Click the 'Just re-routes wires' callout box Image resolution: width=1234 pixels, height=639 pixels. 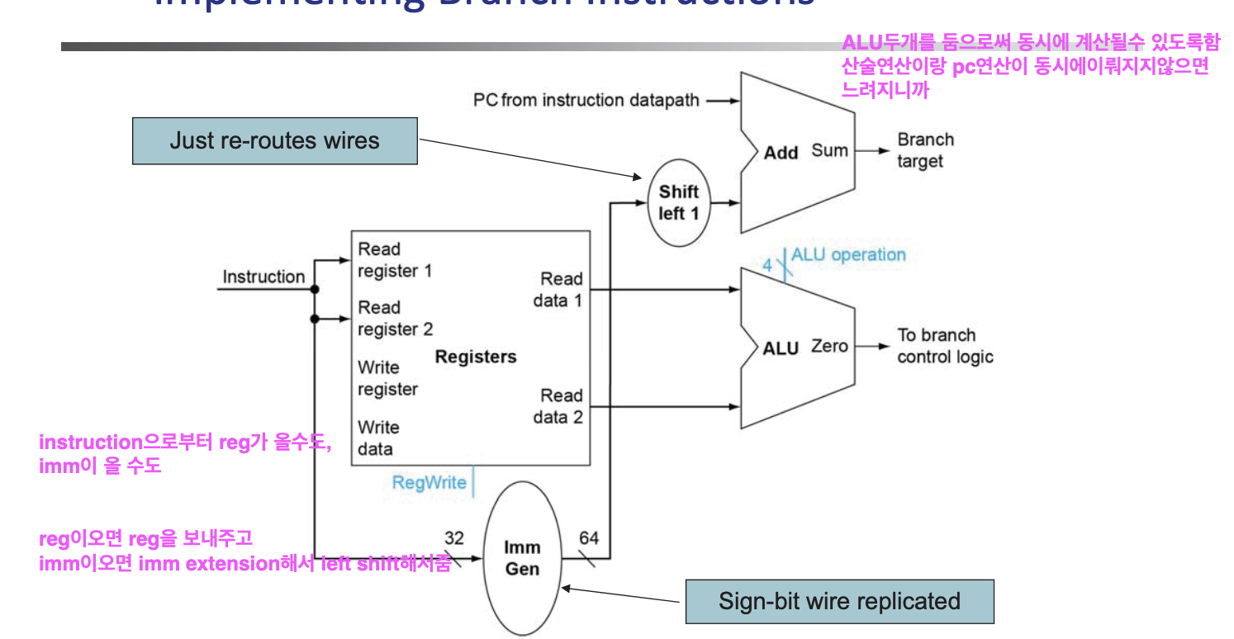(274, 140)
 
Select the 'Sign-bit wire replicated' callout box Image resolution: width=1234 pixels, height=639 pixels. (839, 601)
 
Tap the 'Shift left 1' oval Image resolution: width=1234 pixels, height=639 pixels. (678, 203)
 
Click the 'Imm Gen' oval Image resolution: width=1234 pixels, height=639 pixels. (522, 558)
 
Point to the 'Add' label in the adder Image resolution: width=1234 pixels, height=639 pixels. (781, 153)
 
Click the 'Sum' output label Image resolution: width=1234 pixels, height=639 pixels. (829, 150)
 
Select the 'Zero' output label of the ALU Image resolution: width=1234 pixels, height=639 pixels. (829, 346)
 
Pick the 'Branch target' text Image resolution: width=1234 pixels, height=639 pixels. (925, 150)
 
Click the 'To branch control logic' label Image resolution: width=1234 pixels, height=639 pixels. (944, 346)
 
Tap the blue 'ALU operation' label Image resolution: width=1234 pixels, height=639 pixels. (848, 255)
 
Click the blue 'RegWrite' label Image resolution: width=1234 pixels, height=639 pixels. (429, 483)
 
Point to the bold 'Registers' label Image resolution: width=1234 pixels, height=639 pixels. (475, 357)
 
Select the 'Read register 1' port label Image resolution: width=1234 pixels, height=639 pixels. (395, 260)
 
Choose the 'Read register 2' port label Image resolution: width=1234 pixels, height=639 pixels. (395, 318)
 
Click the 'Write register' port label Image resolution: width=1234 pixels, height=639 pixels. (387, 378)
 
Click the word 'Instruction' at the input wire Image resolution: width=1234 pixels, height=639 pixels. (263, 277)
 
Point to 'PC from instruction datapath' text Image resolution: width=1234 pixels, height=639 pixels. (586, 101)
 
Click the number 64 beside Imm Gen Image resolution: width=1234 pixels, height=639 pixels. (588, 539)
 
